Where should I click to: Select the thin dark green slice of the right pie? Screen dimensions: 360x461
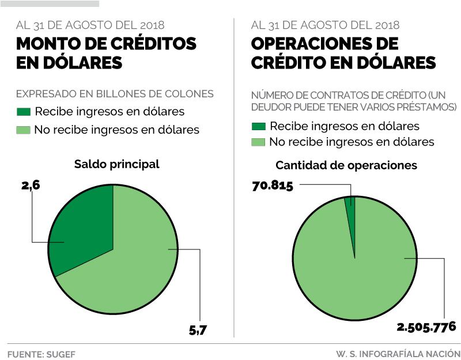pos(350,202)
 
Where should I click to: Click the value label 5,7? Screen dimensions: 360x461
pos(198,330)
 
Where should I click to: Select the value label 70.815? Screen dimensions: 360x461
pos(273,185)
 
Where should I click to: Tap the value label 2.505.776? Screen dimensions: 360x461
pos(426,327)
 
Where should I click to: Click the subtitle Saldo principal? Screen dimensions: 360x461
pos(116,164)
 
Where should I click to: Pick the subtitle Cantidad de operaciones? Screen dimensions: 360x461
pos(346,165)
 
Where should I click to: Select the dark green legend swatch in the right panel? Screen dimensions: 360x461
pos(258,126)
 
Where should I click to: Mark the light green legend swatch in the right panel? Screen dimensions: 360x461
pos(258,142)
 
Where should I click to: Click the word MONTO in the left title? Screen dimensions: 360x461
pos(47,44)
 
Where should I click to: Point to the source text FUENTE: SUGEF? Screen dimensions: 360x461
pos(41,353)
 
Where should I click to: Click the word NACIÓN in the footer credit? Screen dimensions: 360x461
pos(443,353)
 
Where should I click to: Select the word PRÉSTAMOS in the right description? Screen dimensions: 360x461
pos(426,108)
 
